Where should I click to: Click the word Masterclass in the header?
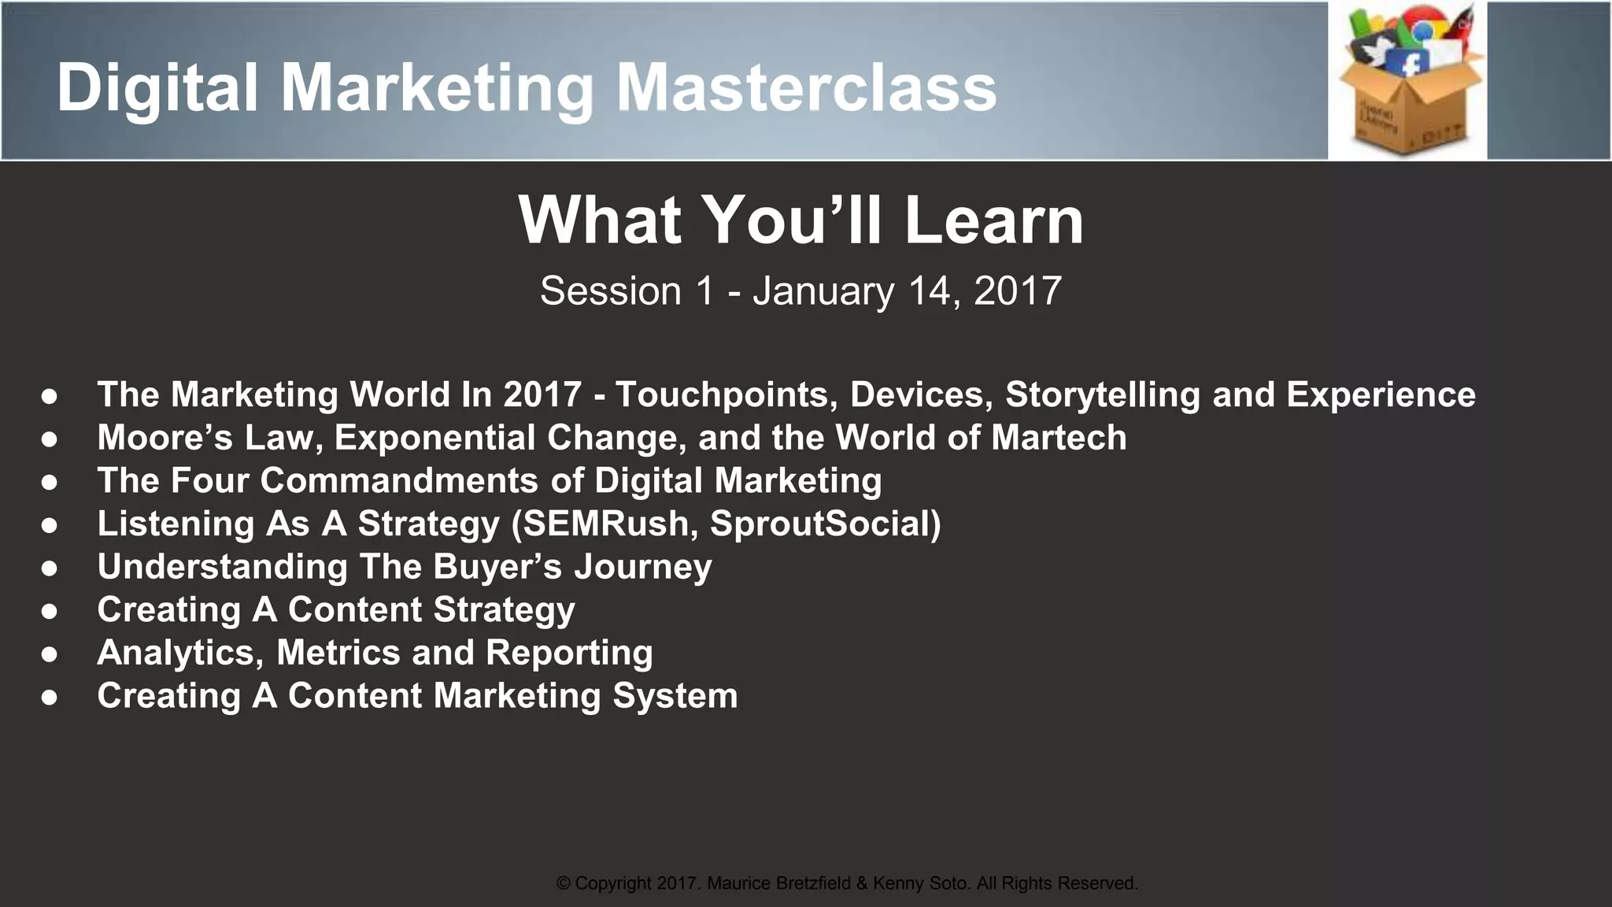(x=806, y=88)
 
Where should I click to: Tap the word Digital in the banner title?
(x=157, y=88)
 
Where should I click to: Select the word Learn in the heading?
(x=993, y=220)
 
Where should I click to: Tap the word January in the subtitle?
(x=823, y=291)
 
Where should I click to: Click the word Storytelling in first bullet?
(x=1103, y=394)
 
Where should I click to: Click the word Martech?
(x=1059, y=438)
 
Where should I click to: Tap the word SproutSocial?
(x=819, y=524)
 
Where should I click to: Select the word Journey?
(x=642, y=567)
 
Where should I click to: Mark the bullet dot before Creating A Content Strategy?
(x=50, y=611)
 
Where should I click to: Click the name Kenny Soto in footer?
(x=921, y=883)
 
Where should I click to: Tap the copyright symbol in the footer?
(x=564, y=883)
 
